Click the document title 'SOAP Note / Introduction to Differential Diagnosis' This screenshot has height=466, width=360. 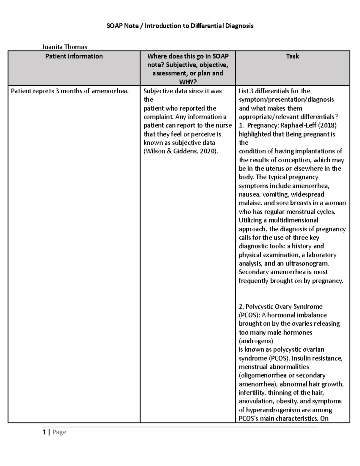pos(180,26)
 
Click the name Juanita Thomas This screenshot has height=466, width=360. pos(64,47)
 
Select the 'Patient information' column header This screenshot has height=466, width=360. pos(74,56)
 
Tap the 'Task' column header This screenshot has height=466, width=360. pos(292,56)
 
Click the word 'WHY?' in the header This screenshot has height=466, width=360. pos(187,82)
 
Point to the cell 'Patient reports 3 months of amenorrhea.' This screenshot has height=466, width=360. pos(70,91)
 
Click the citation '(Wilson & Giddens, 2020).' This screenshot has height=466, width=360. pos(181,151)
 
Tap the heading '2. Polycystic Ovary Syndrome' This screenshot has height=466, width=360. pos(280,307)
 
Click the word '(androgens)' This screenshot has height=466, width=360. pos(256,341)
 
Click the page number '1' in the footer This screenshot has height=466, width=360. pos(44,432)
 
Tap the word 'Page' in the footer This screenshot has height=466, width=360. pos(59,432)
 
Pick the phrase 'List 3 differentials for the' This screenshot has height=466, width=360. pos(274,91)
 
